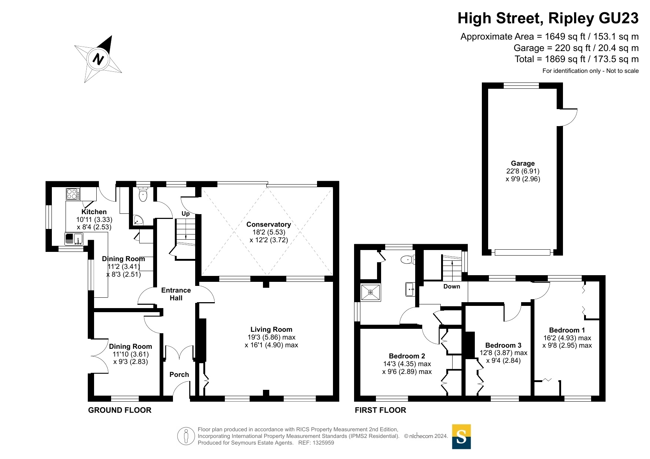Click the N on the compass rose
click(98, 59)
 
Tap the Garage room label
click(523, 163)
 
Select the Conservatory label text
click(269, 224)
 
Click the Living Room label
click(271, 329)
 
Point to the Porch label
click(179, 374)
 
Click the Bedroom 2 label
click(407, 356)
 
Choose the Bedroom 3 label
click(503, 345)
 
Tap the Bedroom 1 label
click(567, 330)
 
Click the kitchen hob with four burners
click(73, 194)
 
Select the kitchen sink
click(74, 239)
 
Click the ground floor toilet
click(143, 194)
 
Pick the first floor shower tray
click(370, 292)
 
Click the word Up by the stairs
click(186, 213)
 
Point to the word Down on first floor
click(451, 286)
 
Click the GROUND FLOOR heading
click(120, 410)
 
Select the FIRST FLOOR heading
click(380, 410)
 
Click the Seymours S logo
click(461, 436)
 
